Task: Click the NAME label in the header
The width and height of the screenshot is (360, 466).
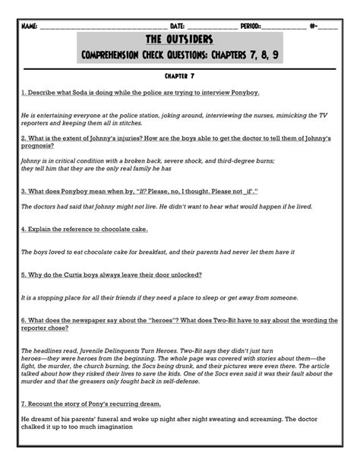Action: pyautogui.click(x=30, y=25)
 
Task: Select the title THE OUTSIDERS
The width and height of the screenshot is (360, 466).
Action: pyautogui.click(x=179, y=40)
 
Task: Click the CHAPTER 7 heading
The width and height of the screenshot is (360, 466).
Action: pyautogui.click(x=180, y=77)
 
